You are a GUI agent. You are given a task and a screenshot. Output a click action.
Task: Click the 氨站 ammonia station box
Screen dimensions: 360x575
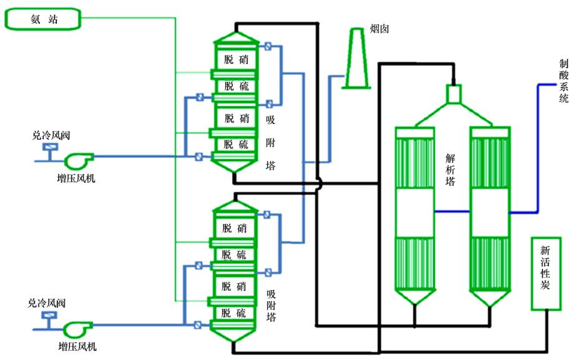44,19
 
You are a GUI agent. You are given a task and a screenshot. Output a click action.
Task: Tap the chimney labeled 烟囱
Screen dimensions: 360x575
356,59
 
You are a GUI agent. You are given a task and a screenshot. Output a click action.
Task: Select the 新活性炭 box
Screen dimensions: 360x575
546,273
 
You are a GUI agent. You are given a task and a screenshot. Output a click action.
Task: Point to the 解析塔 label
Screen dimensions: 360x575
450,170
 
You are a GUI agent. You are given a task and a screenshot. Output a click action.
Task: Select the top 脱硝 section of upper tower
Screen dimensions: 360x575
236,59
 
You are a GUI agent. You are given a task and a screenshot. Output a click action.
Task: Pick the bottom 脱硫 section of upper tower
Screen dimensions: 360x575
236,145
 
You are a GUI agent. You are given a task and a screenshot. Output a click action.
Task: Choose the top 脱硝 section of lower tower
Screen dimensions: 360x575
235,228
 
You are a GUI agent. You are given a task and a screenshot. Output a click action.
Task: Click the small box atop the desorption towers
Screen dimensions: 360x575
453,94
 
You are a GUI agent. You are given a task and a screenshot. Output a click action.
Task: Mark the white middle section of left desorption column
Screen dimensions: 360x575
415,212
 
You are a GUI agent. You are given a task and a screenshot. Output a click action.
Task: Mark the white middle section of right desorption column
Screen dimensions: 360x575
489,212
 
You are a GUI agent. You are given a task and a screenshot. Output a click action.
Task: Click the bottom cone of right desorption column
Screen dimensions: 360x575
489,299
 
